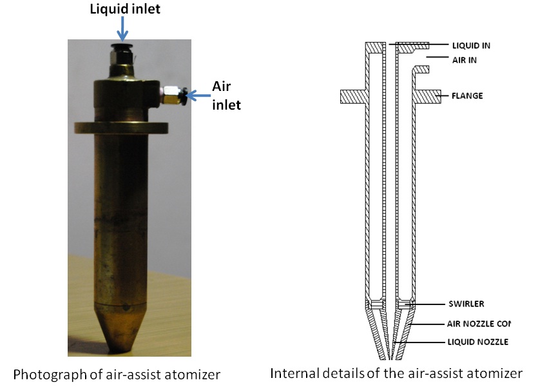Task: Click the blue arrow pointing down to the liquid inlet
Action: [122, 29]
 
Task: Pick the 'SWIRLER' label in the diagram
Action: [467, 304]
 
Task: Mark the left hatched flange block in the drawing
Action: [353, 96]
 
